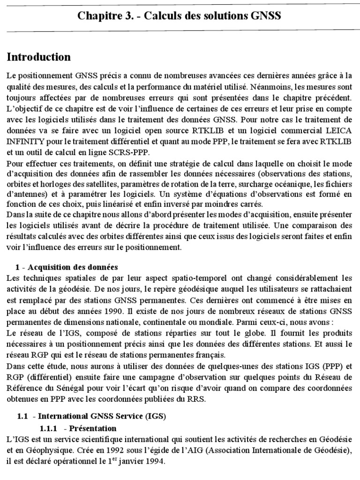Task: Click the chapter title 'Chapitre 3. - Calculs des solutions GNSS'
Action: point(180,16)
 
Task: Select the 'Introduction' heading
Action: point(39,57)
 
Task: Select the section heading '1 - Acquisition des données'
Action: point(67,267)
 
